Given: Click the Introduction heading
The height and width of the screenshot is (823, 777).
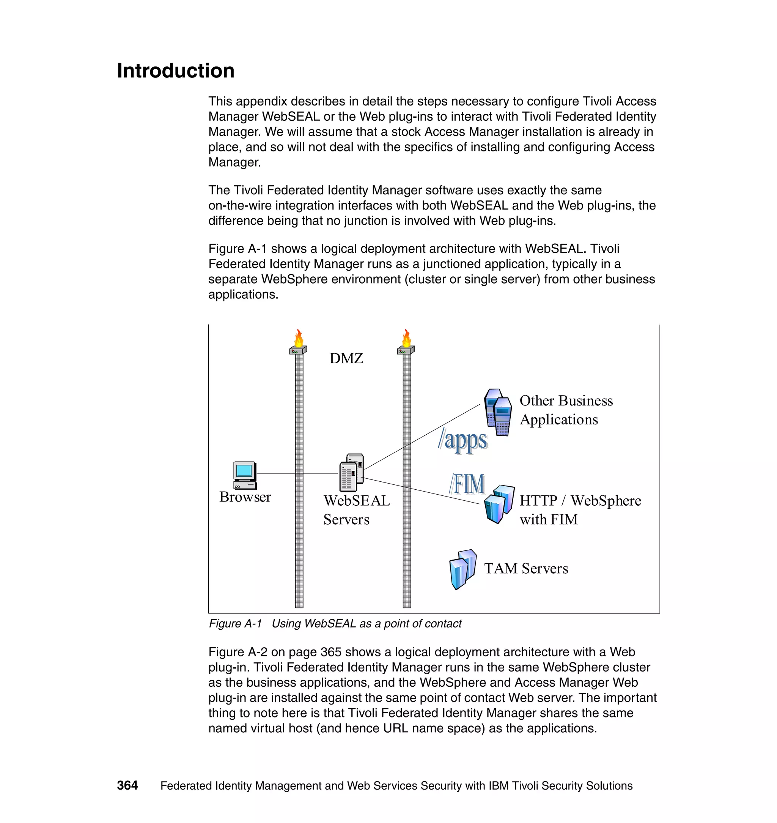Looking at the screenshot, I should coord(176,71).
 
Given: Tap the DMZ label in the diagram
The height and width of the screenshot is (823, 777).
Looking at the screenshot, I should coord(346,358).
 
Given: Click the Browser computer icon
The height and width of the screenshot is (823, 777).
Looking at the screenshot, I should coord(245,475).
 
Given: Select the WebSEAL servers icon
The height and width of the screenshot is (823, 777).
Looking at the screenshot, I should coord(352,472).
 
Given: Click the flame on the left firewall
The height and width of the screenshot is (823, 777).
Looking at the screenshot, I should coord(299,338).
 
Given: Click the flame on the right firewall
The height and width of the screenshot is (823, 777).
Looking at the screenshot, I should coord(407,338).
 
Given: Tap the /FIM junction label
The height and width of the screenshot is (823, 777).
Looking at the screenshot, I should coord(467,484).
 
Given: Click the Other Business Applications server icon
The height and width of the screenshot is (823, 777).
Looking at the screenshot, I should coord(498,412).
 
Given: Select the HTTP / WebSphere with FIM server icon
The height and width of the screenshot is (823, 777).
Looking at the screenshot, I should coord(499,504).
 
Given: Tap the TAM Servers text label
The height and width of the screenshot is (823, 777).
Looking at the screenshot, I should coord(526,568).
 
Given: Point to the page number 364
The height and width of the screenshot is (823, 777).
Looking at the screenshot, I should coord(127,785).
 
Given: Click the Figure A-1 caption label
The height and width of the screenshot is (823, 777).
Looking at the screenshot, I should coord(235,623).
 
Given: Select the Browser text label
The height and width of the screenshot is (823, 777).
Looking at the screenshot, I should coord(245,497).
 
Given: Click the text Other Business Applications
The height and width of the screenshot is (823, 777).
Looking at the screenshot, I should coord(566,410).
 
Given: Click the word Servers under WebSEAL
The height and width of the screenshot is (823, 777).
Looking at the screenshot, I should coord(346,519).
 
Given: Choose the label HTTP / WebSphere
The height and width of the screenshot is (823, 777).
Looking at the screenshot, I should coord(580,500).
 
